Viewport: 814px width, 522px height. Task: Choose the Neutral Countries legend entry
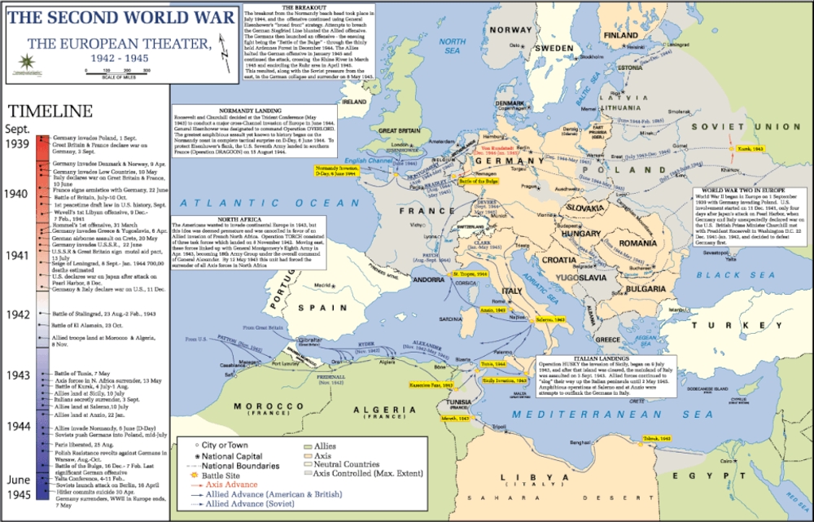tap(347, 463)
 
